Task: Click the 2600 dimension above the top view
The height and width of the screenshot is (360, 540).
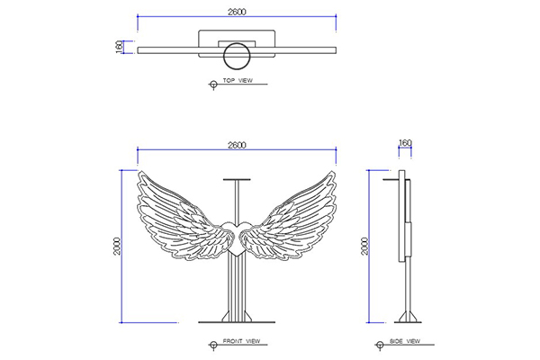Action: pos(237,12)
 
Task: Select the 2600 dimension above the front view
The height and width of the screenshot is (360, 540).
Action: pos(237,145)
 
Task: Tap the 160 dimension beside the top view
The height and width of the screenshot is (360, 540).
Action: pos(119,47)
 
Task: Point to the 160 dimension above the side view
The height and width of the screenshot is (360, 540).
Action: pos(405,142)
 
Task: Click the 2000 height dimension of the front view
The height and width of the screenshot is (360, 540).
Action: pos(117,246)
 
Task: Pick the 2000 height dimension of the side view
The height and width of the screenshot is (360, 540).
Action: pos(364,246)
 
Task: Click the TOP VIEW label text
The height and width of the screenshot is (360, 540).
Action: pos(238,80)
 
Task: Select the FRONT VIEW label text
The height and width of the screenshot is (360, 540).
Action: pos(241,341)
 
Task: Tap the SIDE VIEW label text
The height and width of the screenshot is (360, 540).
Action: pos(405,341)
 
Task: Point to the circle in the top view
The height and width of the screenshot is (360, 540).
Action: pos(236,56)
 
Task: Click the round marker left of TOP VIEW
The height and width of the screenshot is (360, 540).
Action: pos(213,84)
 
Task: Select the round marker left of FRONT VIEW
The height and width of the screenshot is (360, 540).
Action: pos(213,345)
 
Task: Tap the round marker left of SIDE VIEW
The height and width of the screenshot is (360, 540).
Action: pos(380,345)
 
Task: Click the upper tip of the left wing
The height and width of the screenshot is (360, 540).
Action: pos(139,171)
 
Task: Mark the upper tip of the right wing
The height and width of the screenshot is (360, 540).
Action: pos(334,171)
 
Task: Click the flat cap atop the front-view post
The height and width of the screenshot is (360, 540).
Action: pos(237,179)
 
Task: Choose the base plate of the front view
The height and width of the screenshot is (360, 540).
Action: pos(237,322)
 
